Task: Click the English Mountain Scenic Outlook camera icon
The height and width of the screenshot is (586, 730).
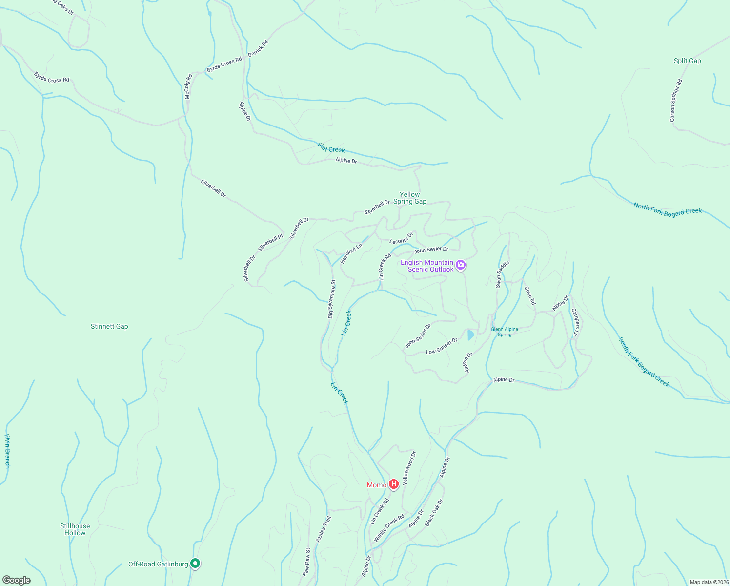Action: coord(461,266)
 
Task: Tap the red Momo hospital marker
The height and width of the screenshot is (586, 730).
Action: coord(394,484)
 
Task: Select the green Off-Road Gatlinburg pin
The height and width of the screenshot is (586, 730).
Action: coord(195,564)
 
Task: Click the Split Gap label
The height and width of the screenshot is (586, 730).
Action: coord(687,61)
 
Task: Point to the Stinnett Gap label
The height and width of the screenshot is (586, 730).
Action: coord(109,327)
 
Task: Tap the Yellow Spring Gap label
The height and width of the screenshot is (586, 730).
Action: coord(410,198)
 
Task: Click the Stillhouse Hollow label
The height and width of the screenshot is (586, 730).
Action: coord(75,529)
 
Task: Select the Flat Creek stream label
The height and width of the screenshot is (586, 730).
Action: coord(331,147)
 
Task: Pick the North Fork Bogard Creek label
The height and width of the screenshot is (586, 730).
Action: coord(668,209)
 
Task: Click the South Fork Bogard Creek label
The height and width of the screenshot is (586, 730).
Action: coord(644,362)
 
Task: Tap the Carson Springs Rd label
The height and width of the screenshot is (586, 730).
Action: coord(676,101)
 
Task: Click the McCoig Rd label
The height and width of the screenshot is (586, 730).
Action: coord(188,86)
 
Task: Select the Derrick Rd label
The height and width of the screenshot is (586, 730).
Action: coord(258,48)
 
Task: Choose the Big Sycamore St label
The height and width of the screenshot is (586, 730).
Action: coord(332,299)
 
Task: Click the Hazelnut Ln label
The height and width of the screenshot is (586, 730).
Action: coord(351,253)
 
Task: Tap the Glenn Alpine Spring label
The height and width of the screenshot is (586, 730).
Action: coord(505,332)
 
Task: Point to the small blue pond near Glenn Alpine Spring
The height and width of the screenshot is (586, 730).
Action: coord(470,335)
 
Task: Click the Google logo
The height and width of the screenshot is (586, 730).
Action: coord(17,580)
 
